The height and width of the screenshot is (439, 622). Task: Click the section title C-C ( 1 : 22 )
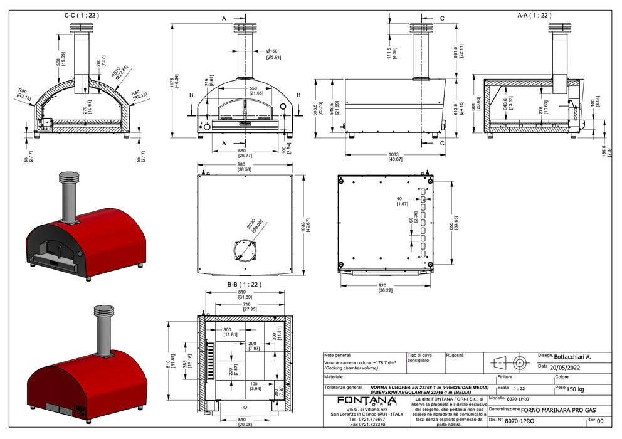(82, 14)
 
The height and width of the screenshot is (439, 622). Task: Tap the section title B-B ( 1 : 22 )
(244, 284)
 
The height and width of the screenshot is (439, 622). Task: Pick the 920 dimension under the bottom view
(386, 287)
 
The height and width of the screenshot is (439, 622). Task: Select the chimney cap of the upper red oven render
(68, 177)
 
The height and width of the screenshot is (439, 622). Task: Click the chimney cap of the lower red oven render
(103, 312)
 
